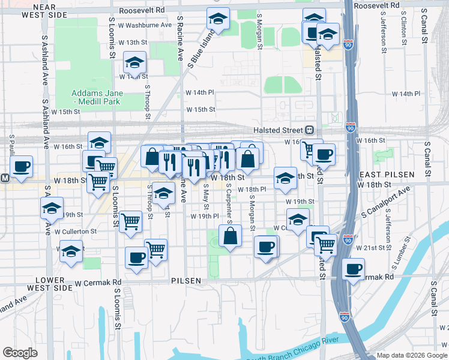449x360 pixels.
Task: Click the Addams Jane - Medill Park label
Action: point(97,97)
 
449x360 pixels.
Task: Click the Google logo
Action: point(20,353)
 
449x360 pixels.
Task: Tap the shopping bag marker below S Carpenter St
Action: point(231,235)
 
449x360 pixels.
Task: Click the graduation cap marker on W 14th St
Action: point(134,62)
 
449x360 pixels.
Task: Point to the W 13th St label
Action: point(133,43)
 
